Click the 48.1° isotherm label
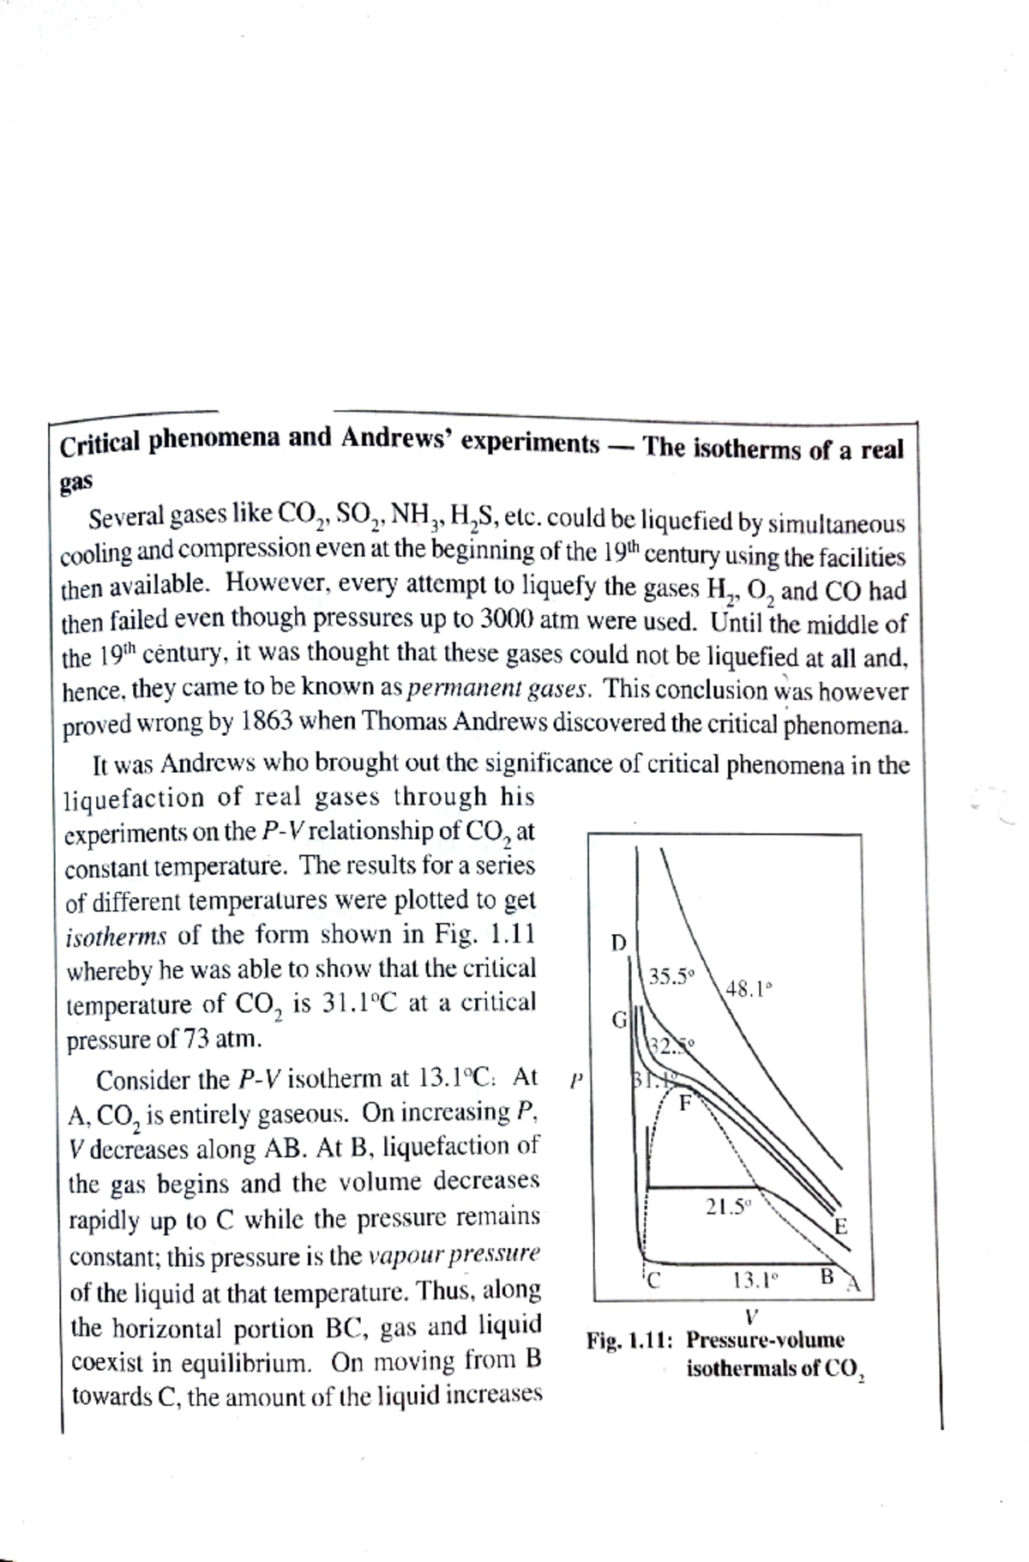pos(749,988)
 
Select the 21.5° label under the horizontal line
pos(728,1207)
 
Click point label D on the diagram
pos(618,944)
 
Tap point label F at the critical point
pos(685,1102)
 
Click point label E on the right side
pos(841,1227)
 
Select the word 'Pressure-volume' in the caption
pos(765,1340)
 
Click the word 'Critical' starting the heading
pos(99,444)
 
